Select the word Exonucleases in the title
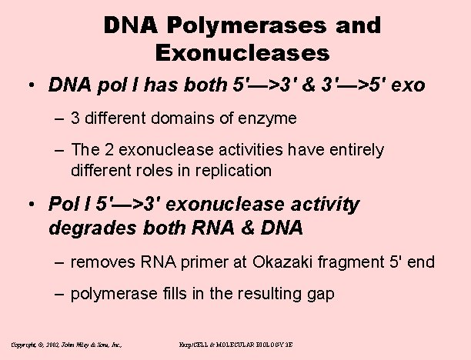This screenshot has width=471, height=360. pos(242,54)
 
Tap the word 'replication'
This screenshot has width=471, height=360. pos(231,169)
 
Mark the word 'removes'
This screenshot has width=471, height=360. pos(102,263)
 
